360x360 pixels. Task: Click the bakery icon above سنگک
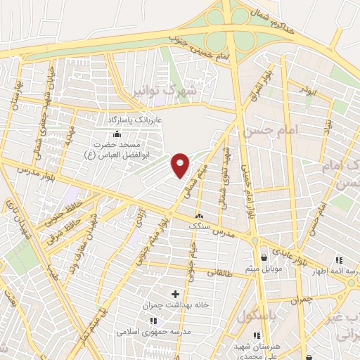point(200,216)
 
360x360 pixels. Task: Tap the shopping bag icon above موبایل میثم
point(263,257)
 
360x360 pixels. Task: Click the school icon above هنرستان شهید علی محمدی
point(257,335)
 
